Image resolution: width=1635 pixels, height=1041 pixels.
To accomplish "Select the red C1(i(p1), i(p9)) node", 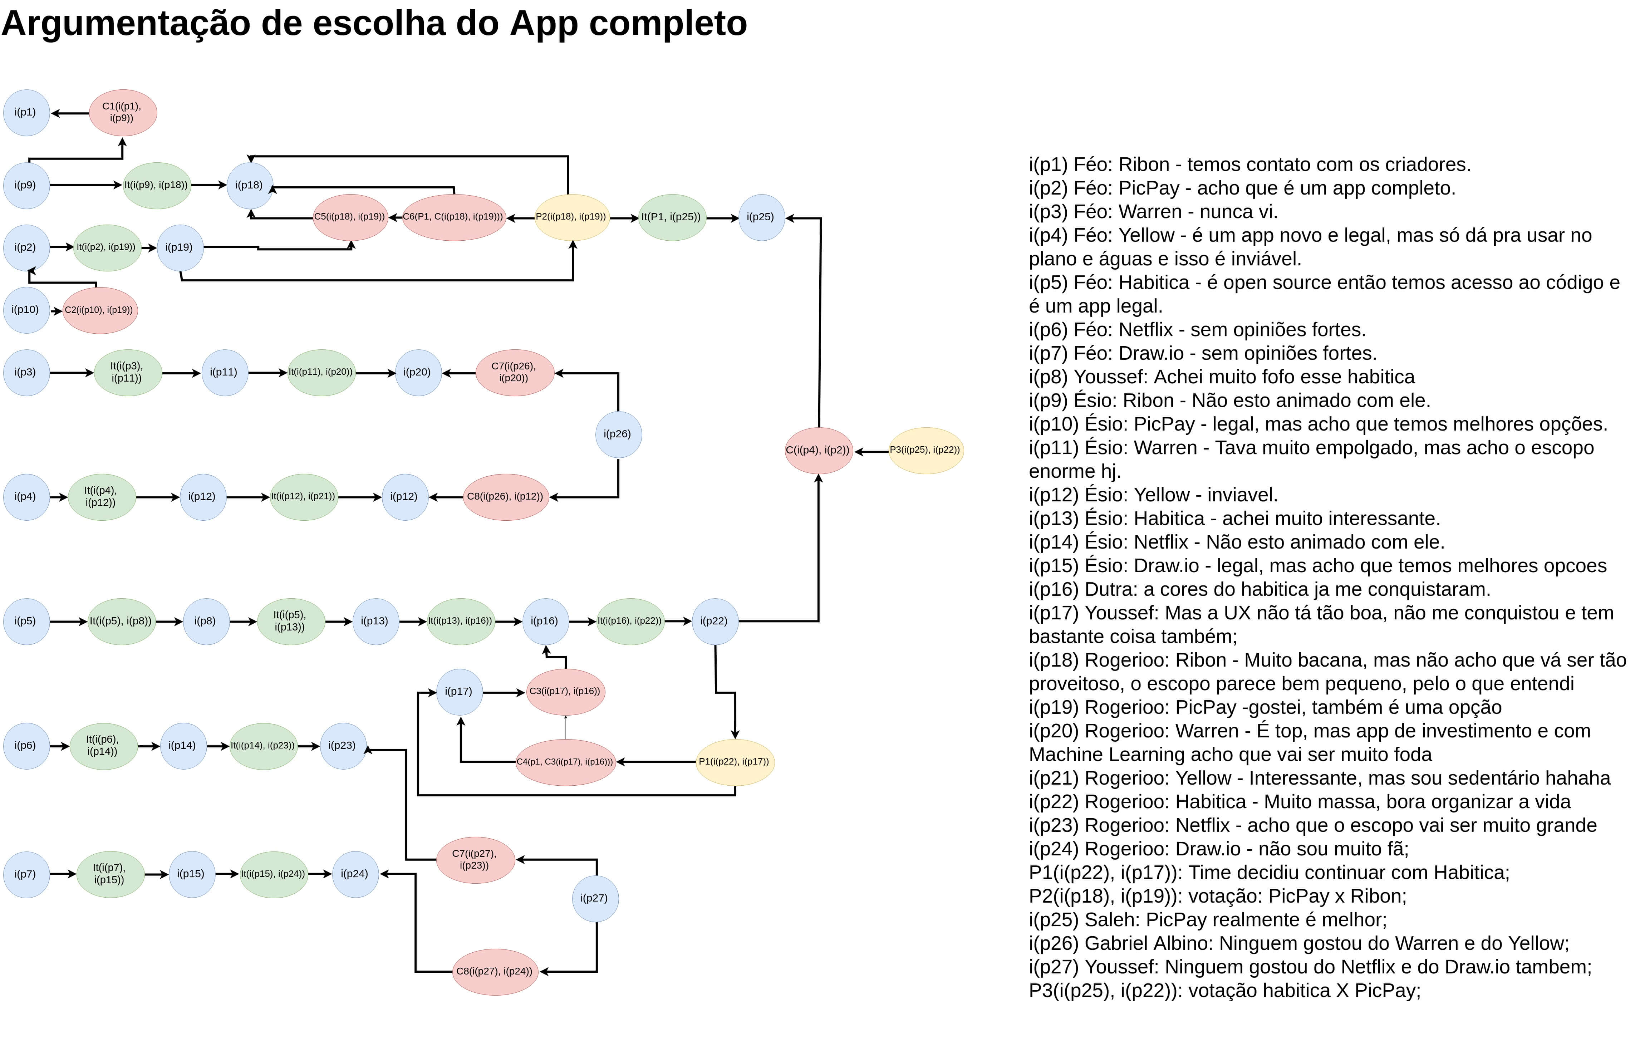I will coord(123,113).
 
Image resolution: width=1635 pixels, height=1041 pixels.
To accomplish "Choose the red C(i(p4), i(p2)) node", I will coord(818,450).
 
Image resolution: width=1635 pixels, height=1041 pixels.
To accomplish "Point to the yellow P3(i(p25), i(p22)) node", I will coord(925,450).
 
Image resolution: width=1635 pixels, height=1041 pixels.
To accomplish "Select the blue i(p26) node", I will coord(618,434).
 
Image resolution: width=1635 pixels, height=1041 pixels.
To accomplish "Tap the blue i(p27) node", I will coord(595,898).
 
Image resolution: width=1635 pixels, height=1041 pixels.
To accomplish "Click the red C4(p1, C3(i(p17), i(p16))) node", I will coord(565,762).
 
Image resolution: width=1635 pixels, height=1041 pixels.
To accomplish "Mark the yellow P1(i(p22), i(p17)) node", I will coord(735,762).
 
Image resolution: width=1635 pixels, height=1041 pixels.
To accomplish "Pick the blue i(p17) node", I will coord(459,692).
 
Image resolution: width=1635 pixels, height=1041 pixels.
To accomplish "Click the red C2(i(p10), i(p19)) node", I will coord(100,310).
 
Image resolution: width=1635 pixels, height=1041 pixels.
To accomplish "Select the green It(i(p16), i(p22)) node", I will coord(630,621).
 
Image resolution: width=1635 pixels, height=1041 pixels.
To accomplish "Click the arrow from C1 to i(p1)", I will coord(70,113).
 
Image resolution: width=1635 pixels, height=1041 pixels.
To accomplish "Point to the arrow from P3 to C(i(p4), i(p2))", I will coord(871,452).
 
